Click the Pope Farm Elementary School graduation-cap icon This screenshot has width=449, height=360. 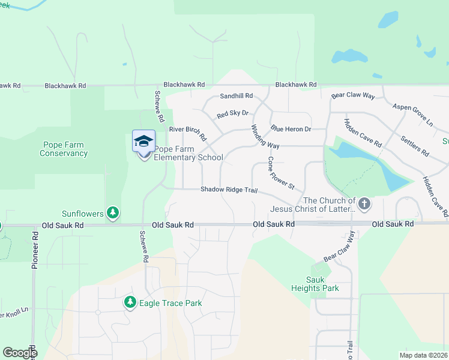(143, 142)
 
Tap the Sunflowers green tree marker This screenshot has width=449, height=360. (112, 212)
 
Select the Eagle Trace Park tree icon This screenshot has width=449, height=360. (129, 302)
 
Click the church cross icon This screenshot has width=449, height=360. (364, 204)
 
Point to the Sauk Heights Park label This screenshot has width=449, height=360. (322, 284)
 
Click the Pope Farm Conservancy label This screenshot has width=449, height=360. (64, 149)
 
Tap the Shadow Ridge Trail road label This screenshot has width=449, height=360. (229, 190)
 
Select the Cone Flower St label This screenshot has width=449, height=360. (280, 173)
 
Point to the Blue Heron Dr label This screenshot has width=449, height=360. (291, 129)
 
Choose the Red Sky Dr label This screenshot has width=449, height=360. (232, 114)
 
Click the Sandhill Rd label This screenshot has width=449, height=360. (237, 96)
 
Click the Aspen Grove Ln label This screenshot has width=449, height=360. (412, 114)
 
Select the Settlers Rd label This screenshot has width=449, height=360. (415, 145)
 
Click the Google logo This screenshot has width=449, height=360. (20, 353)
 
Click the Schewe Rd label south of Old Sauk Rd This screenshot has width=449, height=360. (144, 247)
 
